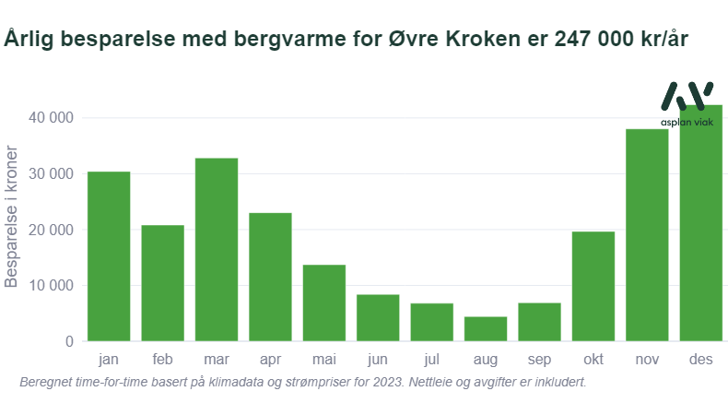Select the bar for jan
(x=109, y=256)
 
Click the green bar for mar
(x=217, y=250)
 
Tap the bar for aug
(x=486, y=329)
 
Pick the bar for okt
(x=593, y=286)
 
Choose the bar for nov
(x=647, y=235)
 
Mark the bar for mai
(x=324, y=303)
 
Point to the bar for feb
(x=162, y=283)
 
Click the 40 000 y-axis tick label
(x=51, y=117)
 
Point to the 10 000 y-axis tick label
(x=51, y=285)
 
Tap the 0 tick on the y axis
(x=70, y=341)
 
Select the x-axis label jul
(x=432, y=360)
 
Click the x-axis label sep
(x=539, y=360)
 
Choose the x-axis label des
(x=701, y=360)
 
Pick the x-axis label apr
(x=270, y=360)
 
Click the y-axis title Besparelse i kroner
(x=11, y=217)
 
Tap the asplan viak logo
(x=687, y=104)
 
